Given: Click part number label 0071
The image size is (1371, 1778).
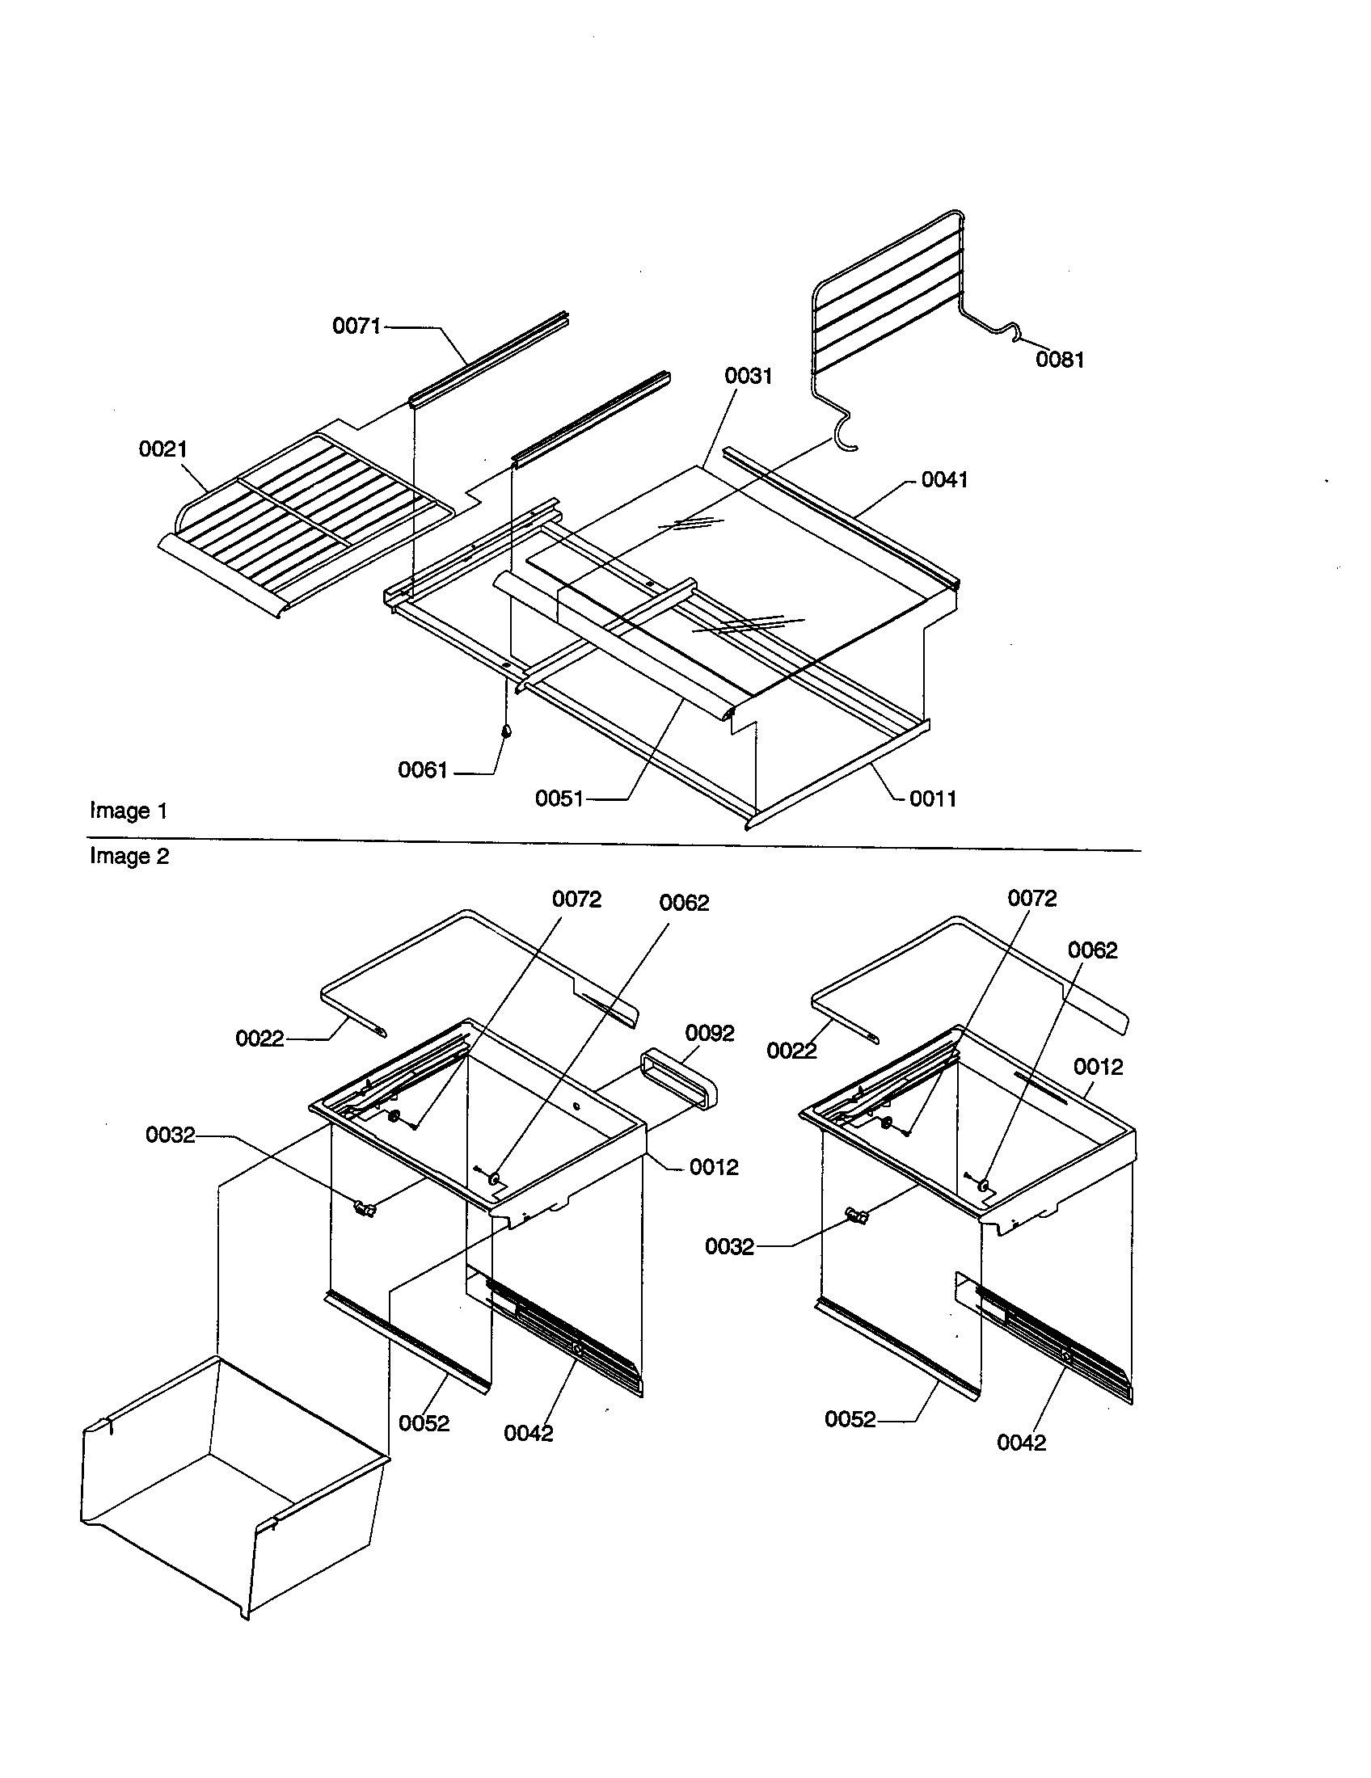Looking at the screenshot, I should (x=356, y=327).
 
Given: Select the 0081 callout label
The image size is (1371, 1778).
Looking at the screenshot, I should (x=1059, y=360).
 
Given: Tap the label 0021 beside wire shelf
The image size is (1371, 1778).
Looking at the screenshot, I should (x=162, y=449).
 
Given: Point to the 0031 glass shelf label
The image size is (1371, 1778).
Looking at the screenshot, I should (x=749, y=376).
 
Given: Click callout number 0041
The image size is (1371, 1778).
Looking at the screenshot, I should (x=944, y=480).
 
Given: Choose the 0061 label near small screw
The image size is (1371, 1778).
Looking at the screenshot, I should (x=423, y=770).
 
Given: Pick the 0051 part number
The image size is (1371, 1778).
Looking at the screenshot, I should (x=559, y=798).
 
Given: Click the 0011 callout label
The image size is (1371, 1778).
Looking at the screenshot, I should (x=933, y=798).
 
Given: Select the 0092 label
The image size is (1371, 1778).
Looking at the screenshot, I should (x=710, y=1033).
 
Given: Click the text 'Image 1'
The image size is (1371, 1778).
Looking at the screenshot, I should (x=129, y=811).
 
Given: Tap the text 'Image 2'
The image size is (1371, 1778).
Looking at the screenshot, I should (x=129, y=857).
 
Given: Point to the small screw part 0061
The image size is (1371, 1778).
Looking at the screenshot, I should (x=506, y=731).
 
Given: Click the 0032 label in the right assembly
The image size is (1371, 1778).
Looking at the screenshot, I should (x=729, y=1247).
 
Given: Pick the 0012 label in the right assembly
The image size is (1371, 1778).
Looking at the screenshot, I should (x=1098, y=1067).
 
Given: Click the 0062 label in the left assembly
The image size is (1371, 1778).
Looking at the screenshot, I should (x=684, y=903).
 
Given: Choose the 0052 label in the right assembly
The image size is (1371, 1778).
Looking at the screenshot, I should (x=850, y=1420).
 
